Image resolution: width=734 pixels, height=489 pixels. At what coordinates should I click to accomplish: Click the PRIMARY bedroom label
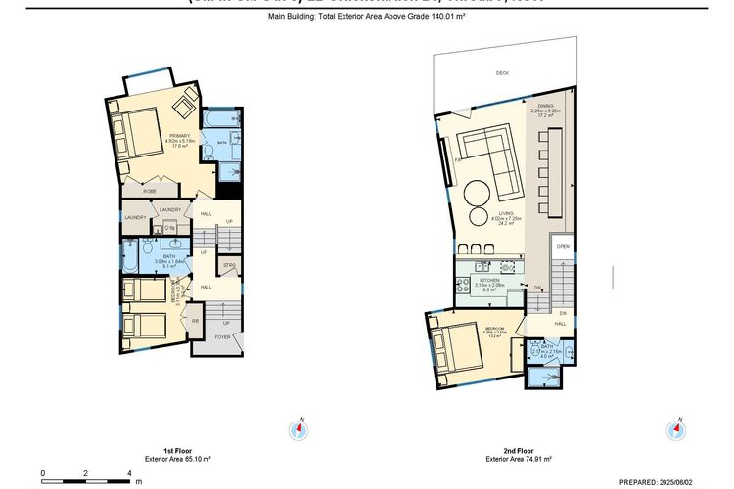(x=179, y=135)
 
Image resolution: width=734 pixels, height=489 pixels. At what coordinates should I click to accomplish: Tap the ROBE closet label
(x=150, y=192)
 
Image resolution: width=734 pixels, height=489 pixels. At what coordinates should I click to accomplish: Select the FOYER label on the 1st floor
(x=223, y=335)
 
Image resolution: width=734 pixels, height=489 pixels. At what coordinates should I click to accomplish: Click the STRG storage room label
(x=229, y=266)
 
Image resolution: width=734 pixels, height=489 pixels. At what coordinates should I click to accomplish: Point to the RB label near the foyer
(x=195, y=321)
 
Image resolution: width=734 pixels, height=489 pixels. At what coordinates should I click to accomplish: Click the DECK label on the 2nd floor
(x=502, y=73)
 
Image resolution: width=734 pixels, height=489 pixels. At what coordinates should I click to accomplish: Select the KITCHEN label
(x=488, y=281)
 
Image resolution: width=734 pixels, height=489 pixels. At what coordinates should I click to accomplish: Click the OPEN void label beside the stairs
(x=563, y=247)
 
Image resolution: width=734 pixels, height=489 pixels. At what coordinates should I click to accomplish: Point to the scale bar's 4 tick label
(x=130, y=472)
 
